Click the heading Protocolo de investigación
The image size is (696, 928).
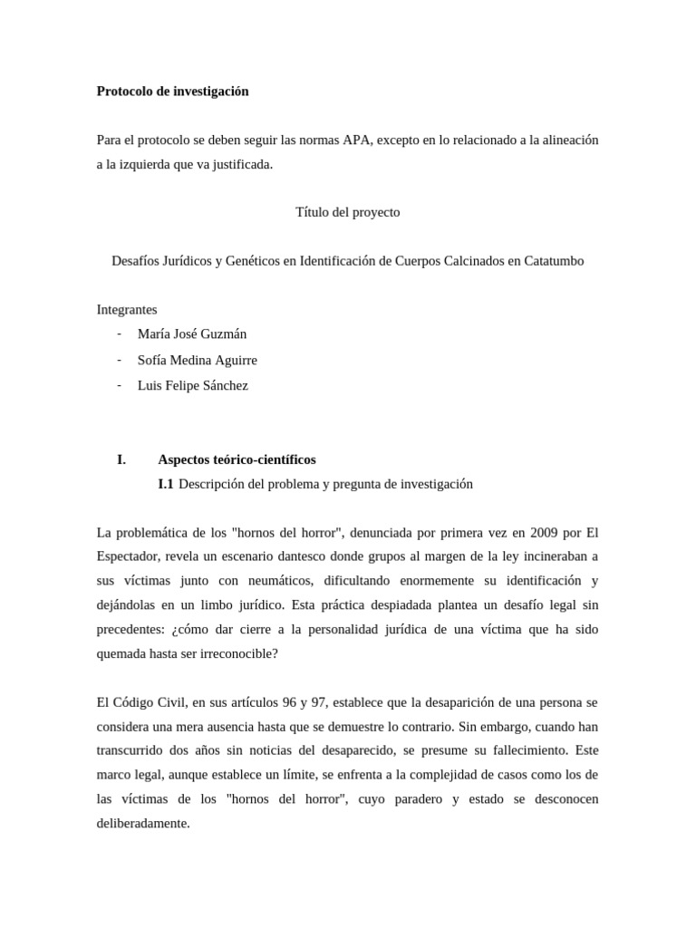(x=172, y=92)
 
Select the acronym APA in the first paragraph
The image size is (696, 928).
(x=356, y=140)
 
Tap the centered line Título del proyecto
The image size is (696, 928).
(x=347, y=212)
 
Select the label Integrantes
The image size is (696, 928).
(x=127, y=309)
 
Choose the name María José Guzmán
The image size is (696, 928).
(x=192, y=333)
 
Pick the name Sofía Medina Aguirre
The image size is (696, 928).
(x=198, y=360)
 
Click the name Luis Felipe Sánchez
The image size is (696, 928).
(x=193, y=385)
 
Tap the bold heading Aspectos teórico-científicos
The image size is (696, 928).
(x=237, y=459)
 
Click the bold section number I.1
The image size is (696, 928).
(x=165, y=484)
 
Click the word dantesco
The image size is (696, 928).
(x=314, y=556)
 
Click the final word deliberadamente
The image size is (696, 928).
(x=142, y=824)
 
